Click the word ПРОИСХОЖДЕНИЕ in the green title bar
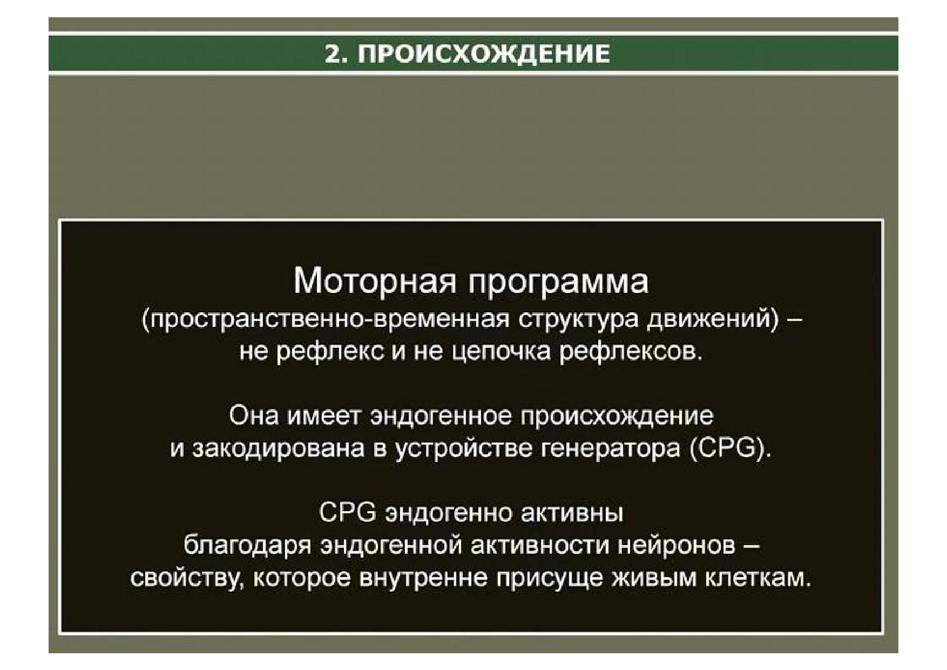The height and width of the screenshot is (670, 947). (x=484, y=55)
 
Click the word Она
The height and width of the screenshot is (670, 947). (x=254, y=416)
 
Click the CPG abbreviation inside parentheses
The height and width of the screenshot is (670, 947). (x=727, y=448)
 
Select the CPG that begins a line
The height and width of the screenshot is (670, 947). (x=347, y=512)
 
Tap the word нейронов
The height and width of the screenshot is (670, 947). (x=677, y=546)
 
